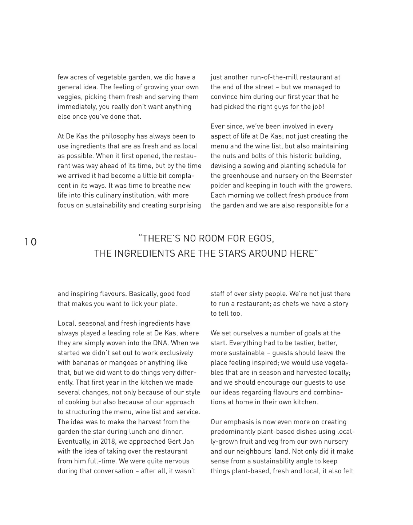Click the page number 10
click(31, 242)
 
